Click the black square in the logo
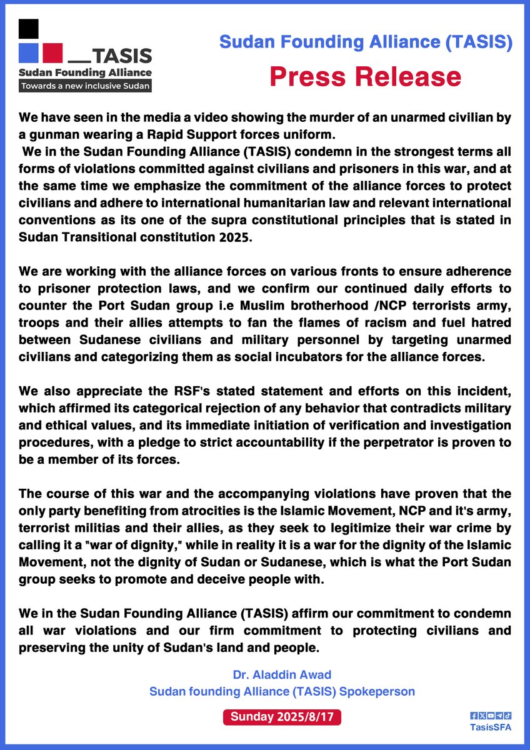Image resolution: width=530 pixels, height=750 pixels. click(29, 29)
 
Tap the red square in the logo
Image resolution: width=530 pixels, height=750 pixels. click(52, 53)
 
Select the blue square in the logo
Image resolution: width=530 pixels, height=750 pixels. click(29, 53)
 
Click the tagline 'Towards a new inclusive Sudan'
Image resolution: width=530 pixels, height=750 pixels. click(85, 86)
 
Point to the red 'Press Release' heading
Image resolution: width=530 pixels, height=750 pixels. click(365, 76)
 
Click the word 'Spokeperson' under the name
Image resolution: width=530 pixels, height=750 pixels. click(378, 692)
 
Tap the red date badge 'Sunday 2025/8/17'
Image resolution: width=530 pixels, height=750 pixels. click(282, 717)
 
